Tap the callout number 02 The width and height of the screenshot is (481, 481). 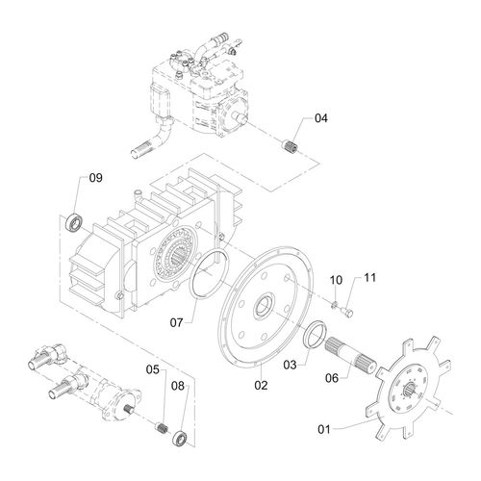260,385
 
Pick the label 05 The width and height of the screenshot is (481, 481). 153,368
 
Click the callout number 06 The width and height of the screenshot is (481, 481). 333,379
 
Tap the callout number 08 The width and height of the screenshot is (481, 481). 179,388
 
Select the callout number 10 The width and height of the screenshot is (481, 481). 336,280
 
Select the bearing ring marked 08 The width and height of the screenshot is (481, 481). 180,442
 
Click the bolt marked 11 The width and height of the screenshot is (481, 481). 348,311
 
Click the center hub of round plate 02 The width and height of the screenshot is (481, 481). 261,311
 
